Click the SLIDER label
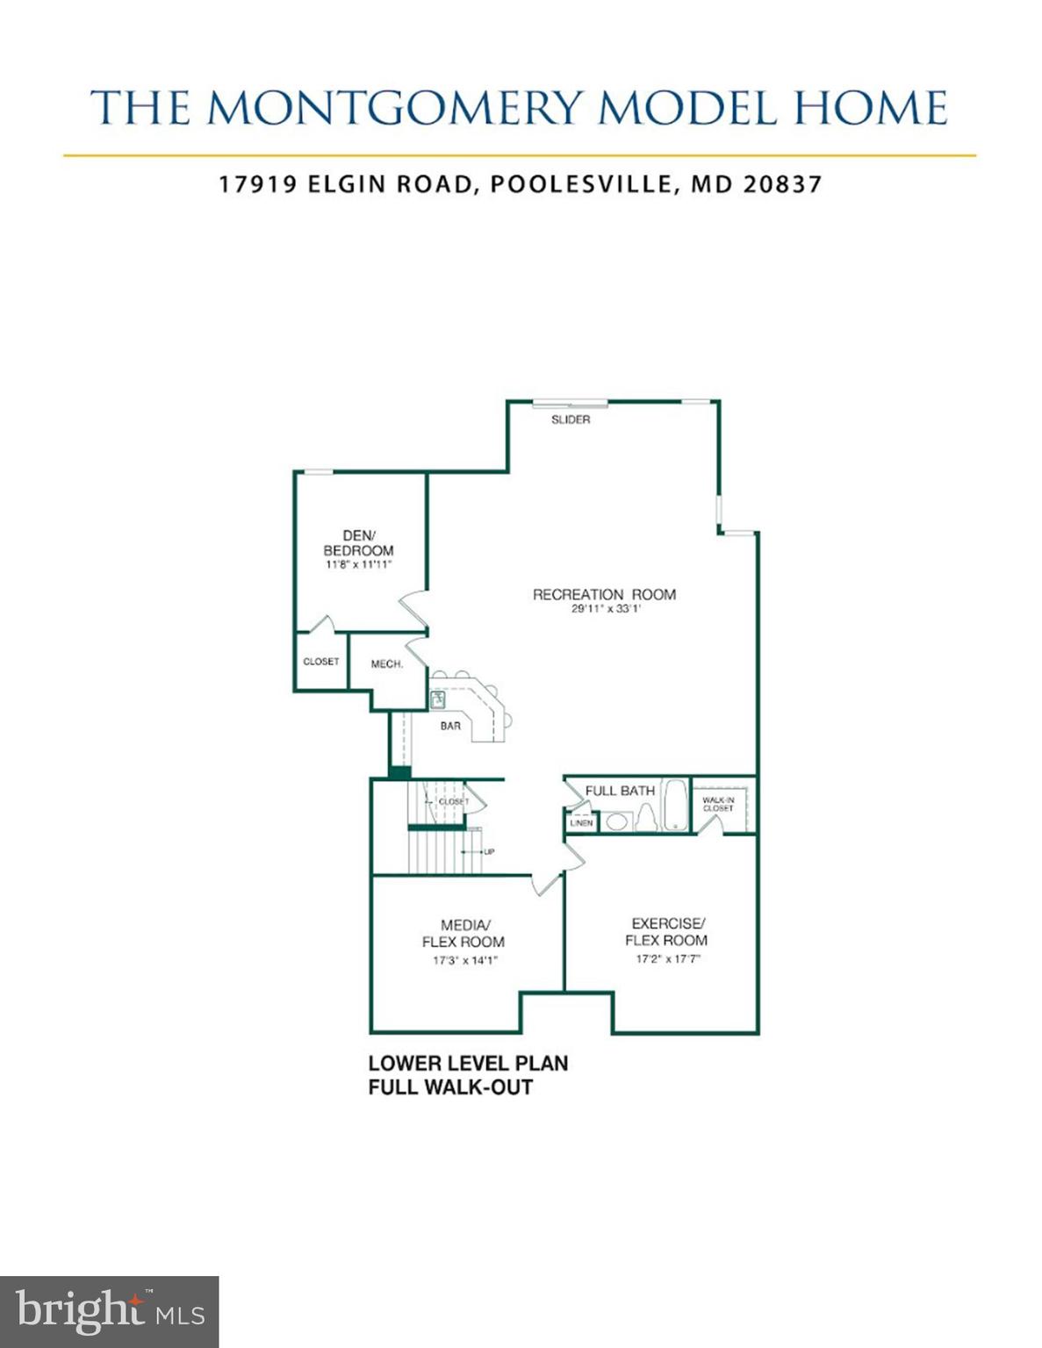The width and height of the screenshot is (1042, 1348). pos(571,419)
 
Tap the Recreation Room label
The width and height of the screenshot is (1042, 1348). pos(604,594)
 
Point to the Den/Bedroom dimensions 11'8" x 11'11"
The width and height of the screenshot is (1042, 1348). pos(358,565)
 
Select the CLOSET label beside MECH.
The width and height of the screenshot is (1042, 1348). pos(320,662)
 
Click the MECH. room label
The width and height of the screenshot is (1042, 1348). pos(386,664)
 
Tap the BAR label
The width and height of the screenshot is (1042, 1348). pos(450,726)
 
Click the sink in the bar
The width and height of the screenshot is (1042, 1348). pos(438,699)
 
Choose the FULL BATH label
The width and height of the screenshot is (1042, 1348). pos(620,791)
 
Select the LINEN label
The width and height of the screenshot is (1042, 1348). pos(581,823)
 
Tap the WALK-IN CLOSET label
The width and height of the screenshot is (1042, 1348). pos(718,804)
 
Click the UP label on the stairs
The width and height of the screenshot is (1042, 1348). pos(489,851)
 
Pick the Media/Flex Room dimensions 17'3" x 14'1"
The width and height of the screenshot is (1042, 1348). pos(464,960)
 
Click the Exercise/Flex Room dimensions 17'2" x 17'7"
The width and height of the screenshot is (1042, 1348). pos(668,959)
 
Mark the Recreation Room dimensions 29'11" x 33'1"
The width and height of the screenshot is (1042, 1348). pos(606,609)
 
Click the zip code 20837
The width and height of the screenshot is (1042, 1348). pos(782,184)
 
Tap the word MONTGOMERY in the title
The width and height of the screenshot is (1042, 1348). pos(395,108)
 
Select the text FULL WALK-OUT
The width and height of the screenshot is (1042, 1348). pos(450,1087)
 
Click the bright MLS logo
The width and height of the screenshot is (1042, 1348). pos(109,1312)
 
